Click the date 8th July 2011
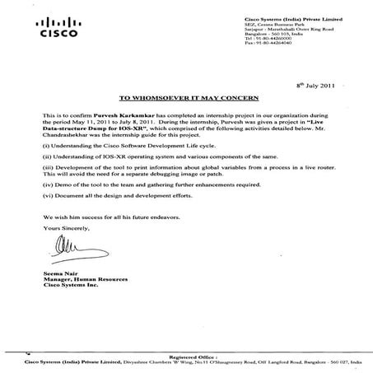point(315,85)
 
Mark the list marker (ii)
point(49,158)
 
